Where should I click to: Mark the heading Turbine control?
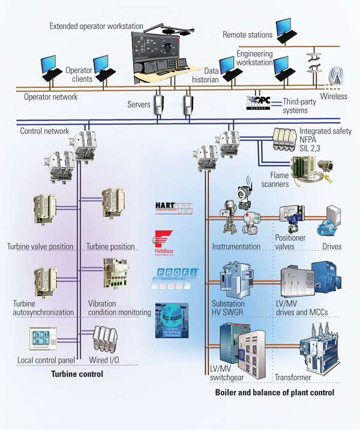78,374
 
